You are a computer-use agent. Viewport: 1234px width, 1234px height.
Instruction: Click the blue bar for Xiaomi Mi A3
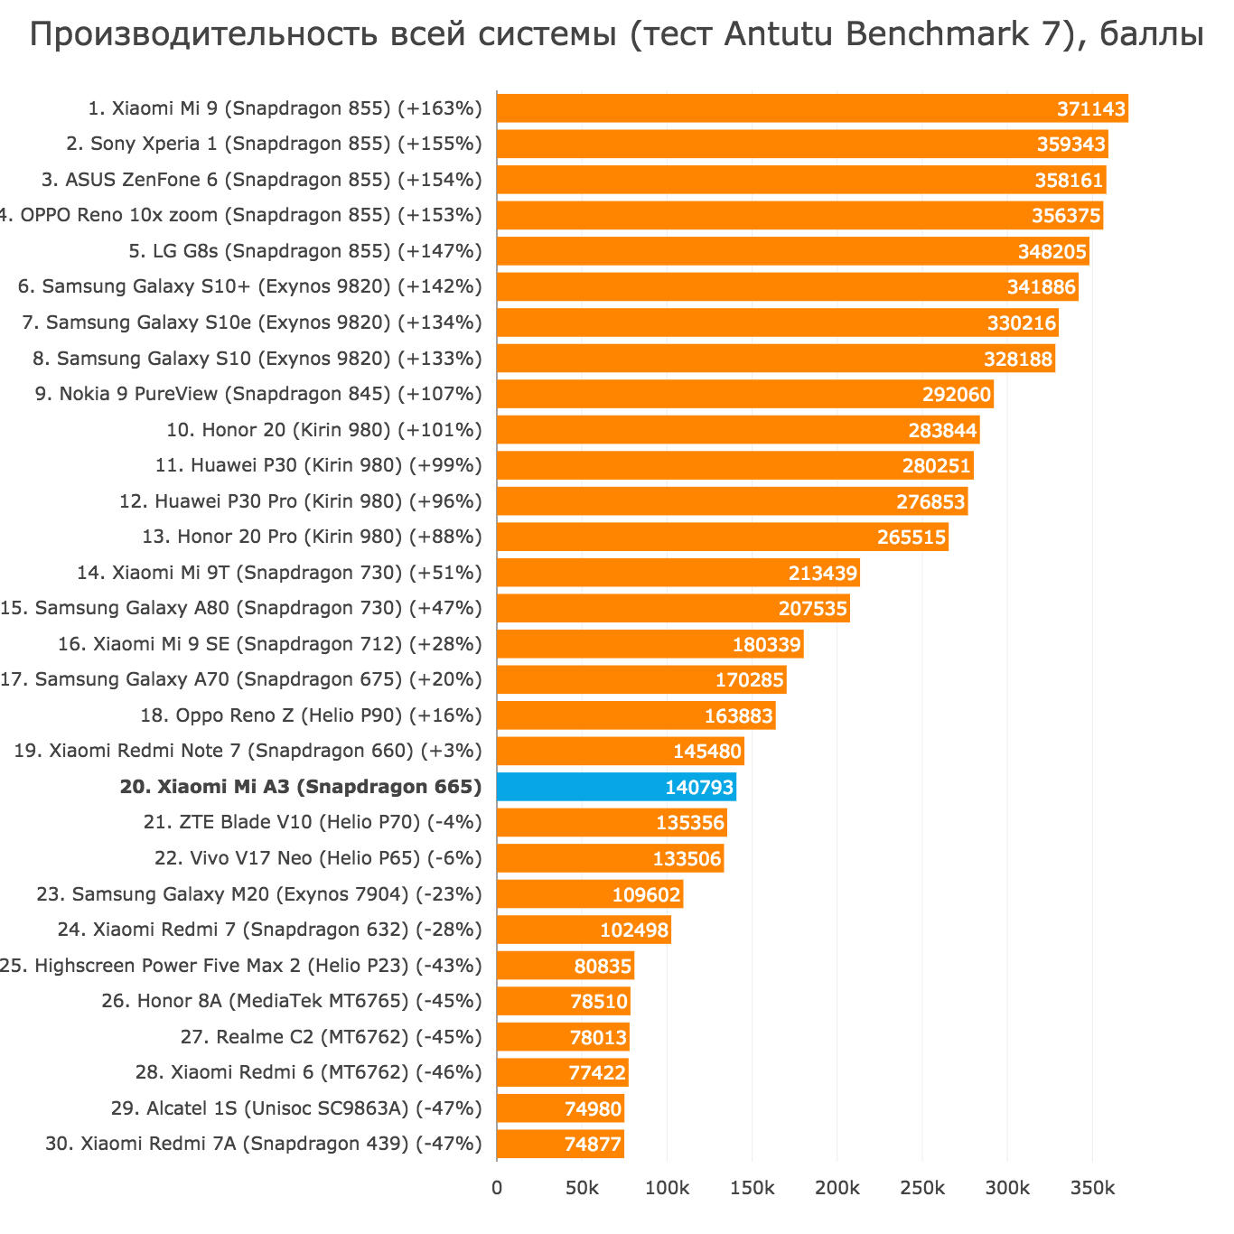[x=616, y=787]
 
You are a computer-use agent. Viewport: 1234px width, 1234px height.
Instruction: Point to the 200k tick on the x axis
[x=837, y=1187]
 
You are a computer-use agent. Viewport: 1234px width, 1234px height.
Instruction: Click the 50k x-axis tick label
[x=582, y=1187]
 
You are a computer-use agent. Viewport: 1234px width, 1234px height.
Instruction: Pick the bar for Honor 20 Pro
[x=722, y=538]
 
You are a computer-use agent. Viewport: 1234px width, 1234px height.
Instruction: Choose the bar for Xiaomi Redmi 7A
[x=560, y=1144]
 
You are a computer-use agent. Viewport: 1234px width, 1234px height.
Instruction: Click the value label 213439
[x=823, y=574]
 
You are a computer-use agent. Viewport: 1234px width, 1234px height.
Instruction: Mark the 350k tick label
[x=1092, y=1187]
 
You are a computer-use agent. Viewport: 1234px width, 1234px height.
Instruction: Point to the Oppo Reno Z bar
[x=636, y=716]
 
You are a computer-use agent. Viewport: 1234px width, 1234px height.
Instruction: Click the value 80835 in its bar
[x=603, y=967]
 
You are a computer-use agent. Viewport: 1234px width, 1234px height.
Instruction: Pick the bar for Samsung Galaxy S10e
[x=777, y=323]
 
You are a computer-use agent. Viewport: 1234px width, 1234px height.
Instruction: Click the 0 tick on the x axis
[x=497, y=1187]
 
